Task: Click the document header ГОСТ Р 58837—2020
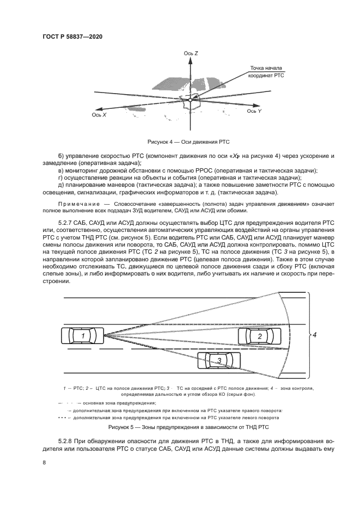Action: [x=72, y=36]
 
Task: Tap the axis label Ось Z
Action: [x=191, y=54]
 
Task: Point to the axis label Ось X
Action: [x=99, y=115]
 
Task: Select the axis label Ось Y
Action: [x=254, y=111]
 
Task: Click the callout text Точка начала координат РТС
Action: [x=266, y=72]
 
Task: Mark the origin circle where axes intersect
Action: [x=190, y=100]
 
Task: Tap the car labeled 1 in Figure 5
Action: [x=83, y=336]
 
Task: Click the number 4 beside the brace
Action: [x=314, y=335]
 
